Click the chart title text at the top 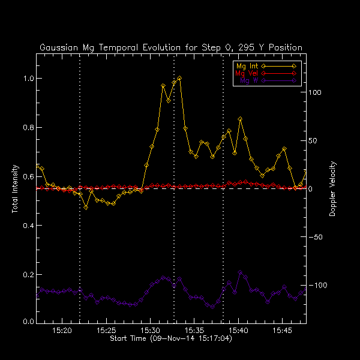click(x=171, y=47)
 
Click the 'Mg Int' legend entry click(x=245, y=65)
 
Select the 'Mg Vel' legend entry click(x=245, y=73)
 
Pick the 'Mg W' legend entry click(x=247, y=80)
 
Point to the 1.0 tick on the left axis click(x=28, y=79)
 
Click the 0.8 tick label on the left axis click(x=28, y=128)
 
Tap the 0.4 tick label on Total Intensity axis click(x=28, y=226)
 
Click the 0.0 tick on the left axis click(x=28, y=322)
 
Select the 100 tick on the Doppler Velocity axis click(x=316, y=92)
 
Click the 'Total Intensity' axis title click(x=14, y=189)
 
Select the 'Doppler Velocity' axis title click(x=332, y=189)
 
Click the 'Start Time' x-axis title click(x=171, y=339)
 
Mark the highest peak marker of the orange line click(x=179, y=78)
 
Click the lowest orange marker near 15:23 click(x=86, y=207)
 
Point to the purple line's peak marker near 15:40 click(x=241, y=272)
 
